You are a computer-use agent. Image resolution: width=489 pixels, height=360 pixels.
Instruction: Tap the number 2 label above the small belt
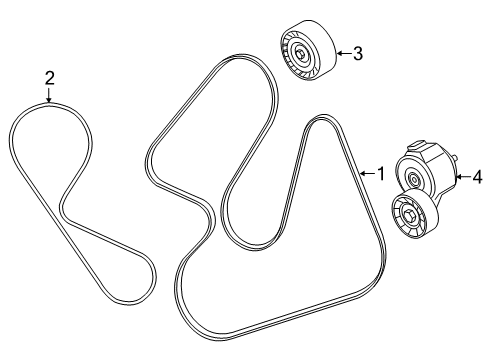click(x=48, y=77)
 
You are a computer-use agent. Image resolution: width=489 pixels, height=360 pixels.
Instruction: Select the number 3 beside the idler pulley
click(x=357, y=53)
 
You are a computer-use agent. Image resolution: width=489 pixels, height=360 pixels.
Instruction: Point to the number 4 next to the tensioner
click(x=476, y=177)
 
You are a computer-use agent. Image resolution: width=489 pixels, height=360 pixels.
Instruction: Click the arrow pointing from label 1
click(x=364, y=173)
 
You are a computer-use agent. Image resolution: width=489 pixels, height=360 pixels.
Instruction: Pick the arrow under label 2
click(x=48, y=95)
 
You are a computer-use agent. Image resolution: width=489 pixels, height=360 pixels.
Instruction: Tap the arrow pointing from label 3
click(x=341, y=53)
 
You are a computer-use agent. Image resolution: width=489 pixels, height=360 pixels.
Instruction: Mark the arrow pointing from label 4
click(x=461, y=177)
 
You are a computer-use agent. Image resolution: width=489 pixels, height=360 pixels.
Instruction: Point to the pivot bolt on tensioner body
click(x=414, y=178)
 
